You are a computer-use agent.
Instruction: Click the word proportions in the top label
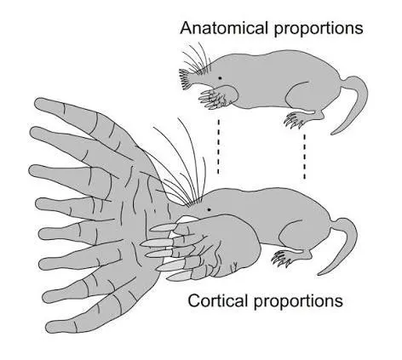pos(319,30)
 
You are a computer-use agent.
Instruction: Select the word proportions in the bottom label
pos(298,302)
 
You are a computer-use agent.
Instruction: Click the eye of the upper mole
pos(220,78)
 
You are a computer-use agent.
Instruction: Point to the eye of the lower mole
pos(210,209)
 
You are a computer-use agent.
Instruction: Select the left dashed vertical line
pos(218,146)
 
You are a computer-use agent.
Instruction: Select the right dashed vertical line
pos(305,157)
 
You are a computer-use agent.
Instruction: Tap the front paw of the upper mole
pos(215,97)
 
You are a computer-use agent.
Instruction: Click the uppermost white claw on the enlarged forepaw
pos(164,227)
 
